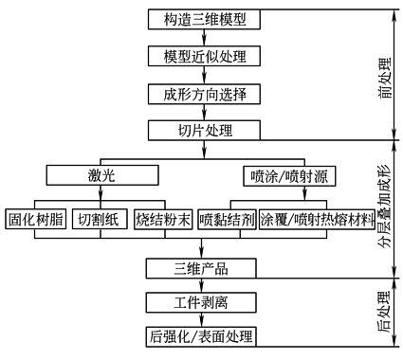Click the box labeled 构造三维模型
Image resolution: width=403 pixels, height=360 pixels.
point(202,19)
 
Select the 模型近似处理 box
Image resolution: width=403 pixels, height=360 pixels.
point(202,56)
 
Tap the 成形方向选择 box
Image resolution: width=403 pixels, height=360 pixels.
point(202,93)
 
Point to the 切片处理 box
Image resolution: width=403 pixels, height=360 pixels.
point(202,130)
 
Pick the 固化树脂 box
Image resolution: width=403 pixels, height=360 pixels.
point(35,219)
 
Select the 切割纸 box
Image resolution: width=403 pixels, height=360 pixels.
point(99,219)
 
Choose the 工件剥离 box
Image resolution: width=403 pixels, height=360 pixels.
point(202,304)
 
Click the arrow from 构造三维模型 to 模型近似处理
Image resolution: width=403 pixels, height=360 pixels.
point(202,38)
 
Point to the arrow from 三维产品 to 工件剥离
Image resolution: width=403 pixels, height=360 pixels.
point(202,286)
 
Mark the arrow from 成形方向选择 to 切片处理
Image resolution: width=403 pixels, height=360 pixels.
point(202,112)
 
